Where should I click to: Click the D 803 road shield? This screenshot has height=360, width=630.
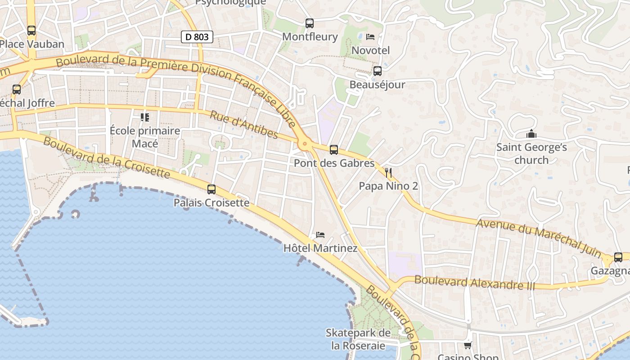pos(197,37)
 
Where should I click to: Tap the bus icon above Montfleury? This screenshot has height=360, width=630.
pos(309,23)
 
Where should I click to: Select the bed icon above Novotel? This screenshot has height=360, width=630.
pos(370,37)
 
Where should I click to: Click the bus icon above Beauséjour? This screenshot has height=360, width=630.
pos(377,71)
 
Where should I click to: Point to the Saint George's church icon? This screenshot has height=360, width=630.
pos(531,134)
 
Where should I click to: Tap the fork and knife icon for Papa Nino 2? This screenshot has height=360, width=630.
pos(388,172)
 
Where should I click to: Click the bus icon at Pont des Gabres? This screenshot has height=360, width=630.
pos(333,150)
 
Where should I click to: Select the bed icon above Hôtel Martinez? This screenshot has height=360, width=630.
pos(320,235)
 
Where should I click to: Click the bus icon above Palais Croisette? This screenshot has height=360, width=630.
pos(211,189)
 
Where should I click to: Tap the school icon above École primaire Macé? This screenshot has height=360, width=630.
pos(145,117)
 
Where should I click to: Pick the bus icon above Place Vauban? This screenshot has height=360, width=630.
pos(31,31)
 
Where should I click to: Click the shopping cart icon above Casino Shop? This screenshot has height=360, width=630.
pos(468,345)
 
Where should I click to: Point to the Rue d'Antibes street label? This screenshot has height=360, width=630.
pos(244,125)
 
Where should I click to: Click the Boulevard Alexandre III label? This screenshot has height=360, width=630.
pos(475,283)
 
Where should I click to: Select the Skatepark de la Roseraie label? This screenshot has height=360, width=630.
pos(358,339)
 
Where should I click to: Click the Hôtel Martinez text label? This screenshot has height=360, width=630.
pos(320,248)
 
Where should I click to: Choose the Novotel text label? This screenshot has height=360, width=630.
pos(370,50)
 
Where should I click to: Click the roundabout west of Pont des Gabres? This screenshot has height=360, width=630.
pos(305,144)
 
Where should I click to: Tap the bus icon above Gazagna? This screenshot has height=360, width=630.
pos(618,257)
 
